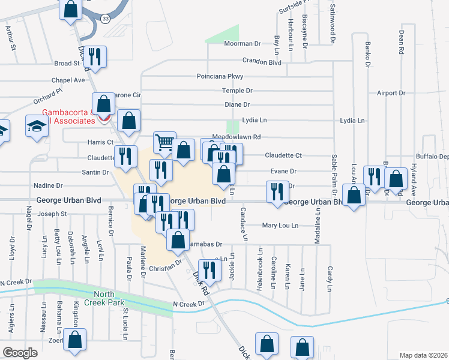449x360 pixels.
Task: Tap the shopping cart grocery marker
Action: (164, 142)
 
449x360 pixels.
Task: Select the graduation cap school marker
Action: (37, 127)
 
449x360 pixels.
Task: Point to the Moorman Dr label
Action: (242, 44)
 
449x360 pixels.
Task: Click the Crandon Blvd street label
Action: (262, 61)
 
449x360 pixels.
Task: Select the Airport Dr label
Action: (391, 93)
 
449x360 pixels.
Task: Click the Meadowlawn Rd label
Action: (237, 137)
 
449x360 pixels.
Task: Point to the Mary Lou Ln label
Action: (280, 226)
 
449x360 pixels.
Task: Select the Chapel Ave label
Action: (68, 80)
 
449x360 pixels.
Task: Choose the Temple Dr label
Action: (237, 91)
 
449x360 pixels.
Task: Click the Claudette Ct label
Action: (282, 155)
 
